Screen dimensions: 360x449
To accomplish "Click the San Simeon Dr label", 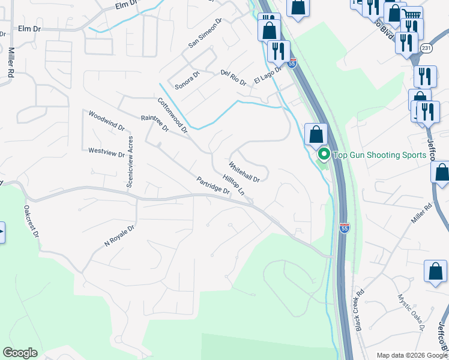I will [205, 32].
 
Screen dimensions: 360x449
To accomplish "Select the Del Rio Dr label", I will [234, 77].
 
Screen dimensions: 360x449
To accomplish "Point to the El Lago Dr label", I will [268, 75].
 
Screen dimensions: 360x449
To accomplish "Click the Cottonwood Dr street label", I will [173, 116].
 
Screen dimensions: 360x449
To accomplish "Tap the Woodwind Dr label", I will [106, 121].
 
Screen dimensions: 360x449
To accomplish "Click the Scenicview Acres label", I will [129, 162].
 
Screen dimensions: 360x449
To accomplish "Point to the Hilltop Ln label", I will [234, 185].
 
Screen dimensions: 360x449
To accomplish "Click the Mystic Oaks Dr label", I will [411, 312].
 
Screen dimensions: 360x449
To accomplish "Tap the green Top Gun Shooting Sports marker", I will [324, 155].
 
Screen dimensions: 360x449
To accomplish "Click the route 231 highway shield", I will [426, 48].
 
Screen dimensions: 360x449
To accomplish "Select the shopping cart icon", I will [412, 14].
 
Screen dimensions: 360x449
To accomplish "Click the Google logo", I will [20, 353].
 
